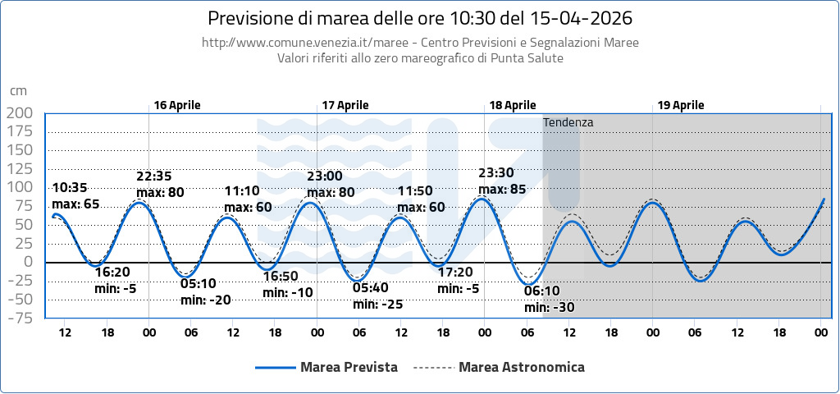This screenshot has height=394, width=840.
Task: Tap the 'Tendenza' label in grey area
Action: point(568,122)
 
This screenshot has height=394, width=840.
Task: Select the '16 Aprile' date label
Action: point(176,105)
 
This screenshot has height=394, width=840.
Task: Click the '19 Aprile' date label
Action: point(680,105)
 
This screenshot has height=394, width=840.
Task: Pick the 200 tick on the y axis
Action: point(19,113)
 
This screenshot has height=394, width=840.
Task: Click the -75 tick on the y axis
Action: point(19,318)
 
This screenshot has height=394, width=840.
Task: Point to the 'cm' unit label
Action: point(18,91)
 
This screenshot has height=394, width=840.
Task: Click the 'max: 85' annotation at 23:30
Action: point(502,190)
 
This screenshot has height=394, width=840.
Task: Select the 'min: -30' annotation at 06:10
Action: point(549,308)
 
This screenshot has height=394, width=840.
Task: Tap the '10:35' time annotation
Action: point(69,188)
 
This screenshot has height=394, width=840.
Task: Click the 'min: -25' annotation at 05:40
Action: point(378,305)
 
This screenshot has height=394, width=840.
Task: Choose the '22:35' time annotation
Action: point(154,176)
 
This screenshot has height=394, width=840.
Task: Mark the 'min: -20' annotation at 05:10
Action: point(206,300)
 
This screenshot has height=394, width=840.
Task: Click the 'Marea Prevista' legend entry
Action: point(349,367)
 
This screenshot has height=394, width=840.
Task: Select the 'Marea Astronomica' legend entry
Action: point(521,367)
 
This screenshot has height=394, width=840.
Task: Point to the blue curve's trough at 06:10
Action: point(527,284)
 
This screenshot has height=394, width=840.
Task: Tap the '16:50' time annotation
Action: point(281,276)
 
